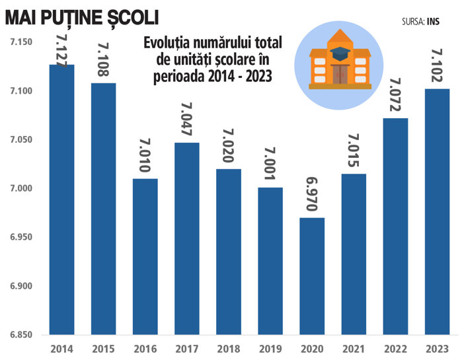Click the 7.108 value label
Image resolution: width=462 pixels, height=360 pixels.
pos(104,60)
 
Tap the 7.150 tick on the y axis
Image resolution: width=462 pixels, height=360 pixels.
pos(20,42)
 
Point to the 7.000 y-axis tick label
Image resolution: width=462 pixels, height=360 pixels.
pos(20,189)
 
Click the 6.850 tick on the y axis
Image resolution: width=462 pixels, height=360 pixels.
pos(20,335)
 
